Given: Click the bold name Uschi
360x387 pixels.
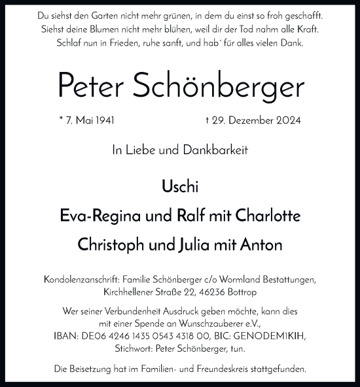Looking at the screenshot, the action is click(179, 187).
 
